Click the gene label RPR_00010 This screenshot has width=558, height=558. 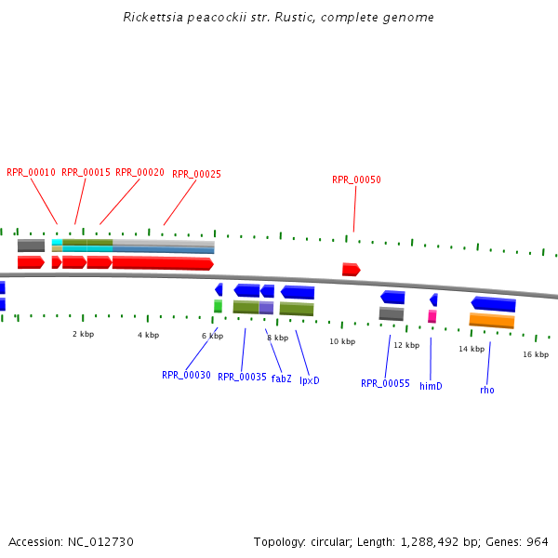pyautogui.click(x=31, y=172)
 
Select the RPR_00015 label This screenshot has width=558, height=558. pyautogui.click(x=86, y=172)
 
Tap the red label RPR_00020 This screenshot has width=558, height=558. pyautogui.click(x=139, y=172)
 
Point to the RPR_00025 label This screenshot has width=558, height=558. pyautogui.click(x=196, y=174)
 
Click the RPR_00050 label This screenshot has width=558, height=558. pyautogui.click(x=356, y=179)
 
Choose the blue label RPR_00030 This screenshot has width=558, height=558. pyautogui.click(x=186, y=375)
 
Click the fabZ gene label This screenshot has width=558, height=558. pyautogui.click(x=281, y=379)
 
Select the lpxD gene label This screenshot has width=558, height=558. pyautogui.click(x=309, y=380)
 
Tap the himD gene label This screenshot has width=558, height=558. pyautogui.click(x=431, y=386)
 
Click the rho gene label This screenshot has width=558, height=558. pyautogui.click(x=487, y=390)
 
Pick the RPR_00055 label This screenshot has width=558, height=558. pyautogui.click(x=385, y=383)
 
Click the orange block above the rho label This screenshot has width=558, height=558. pyautogui.click(x=492, y=321)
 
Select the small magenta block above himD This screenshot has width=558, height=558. pyautogui.click(x=432, y=316)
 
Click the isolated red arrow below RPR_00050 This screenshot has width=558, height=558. pyautogui.click(x=351, y=270)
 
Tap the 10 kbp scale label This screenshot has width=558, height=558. pyautogui.click(x=342, y=341)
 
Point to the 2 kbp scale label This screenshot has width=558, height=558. pyautogui.click(x=83, y=334)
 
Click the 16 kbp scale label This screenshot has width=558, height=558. pyautogui.click(x=535, y=354)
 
